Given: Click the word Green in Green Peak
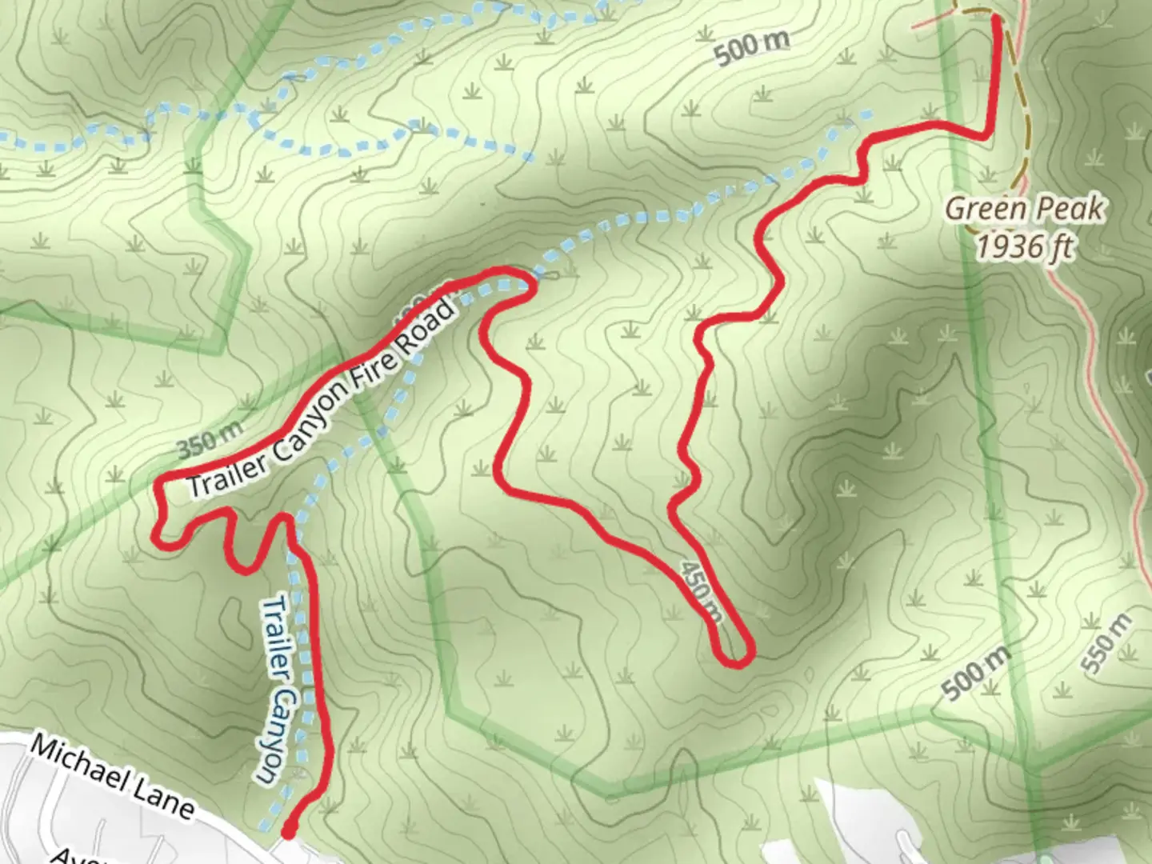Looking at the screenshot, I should click(x=986, y=210).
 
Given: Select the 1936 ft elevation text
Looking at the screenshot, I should click(x=1024, y=247).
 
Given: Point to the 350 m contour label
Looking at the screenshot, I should click(x=210, y=440).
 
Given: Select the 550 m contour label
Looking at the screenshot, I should click(x=1106, y=642).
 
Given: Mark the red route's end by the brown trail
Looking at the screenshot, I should click(x=997, y=19).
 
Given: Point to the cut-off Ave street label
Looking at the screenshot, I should click(x=68, y=856).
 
